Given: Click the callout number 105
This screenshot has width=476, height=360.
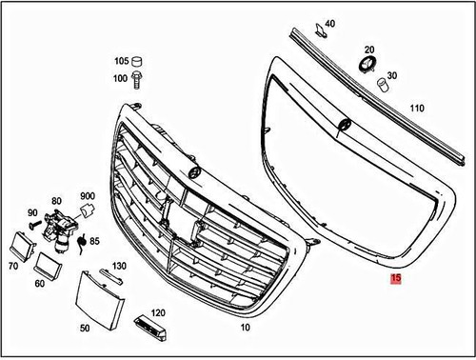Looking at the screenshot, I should click(x=121, y=59).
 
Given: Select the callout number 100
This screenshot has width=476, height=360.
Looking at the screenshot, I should click(x=121, y=77).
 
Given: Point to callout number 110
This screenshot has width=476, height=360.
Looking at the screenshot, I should click(x=416, y=108).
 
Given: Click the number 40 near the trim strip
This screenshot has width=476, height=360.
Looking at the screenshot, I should click(x=330, y=23).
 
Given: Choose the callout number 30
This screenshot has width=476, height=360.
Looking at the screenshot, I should click(x=392, y=77).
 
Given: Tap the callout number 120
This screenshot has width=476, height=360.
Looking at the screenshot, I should click(x=158, y=311).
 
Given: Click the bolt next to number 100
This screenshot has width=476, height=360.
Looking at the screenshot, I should click(x=139, y=77).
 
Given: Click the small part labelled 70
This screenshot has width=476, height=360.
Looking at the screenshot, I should click(x=18, y=245).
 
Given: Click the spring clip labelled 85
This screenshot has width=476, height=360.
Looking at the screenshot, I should click(x=82, y=242).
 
